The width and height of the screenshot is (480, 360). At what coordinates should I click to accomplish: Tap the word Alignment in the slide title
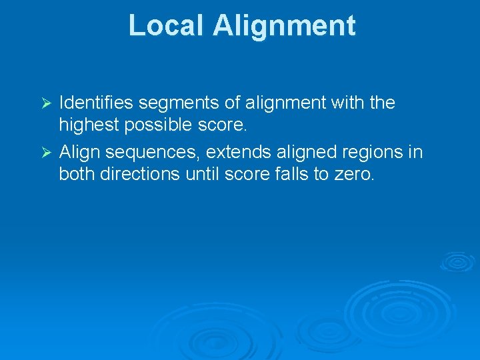point(285,26)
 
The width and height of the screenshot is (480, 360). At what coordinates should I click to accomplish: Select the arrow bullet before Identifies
point(46,104)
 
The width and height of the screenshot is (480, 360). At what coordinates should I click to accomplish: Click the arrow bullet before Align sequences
point(46,153)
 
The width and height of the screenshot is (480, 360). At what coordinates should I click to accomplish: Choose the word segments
point(172,103)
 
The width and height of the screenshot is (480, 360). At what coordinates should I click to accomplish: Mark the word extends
point(234,152)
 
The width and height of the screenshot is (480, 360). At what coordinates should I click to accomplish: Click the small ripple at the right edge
point(457,262)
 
